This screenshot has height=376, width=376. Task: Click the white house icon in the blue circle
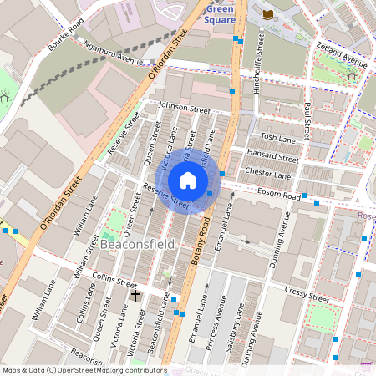pos(188,180)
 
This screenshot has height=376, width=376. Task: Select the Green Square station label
pos(219,13)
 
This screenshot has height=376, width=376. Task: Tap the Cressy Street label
pos(306,297)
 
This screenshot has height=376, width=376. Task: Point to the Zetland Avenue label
pos(342,57)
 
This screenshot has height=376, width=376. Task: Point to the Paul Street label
pos(307,119)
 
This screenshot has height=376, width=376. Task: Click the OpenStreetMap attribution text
pos(84,370)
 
